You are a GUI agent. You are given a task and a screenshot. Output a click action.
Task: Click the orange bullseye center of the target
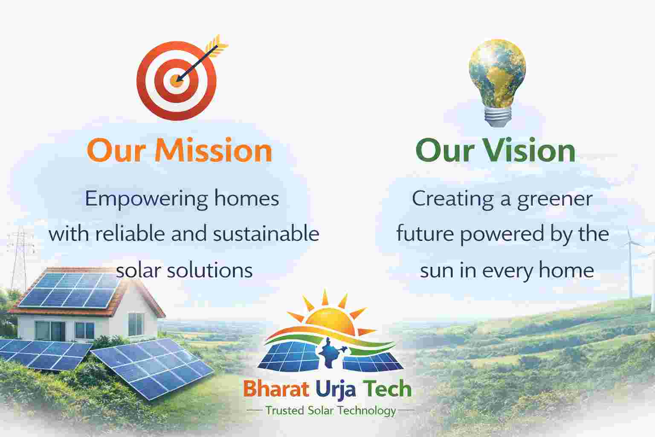(x=176, y=80)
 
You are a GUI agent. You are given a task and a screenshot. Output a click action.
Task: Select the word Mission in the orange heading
(x=214, y=151)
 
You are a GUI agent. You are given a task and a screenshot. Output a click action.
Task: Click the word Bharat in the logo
(x=276, y=389)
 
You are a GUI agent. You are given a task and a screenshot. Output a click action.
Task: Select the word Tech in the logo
(x=387, y=388)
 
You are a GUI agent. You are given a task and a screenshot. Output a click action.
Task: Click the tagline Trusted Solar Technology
(x=331, y=411)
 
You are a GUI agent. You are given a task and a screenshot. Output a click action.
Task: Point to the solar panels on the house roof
(x=69, y=290)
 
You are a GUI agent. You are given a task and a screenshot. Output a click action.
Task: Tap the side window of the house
(x=136, y=324)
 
